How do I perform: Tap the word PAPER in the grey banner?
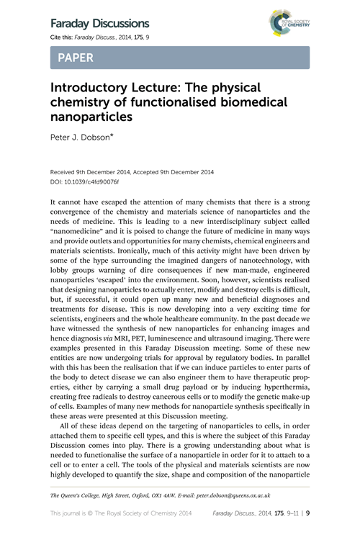pos(77,57)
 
